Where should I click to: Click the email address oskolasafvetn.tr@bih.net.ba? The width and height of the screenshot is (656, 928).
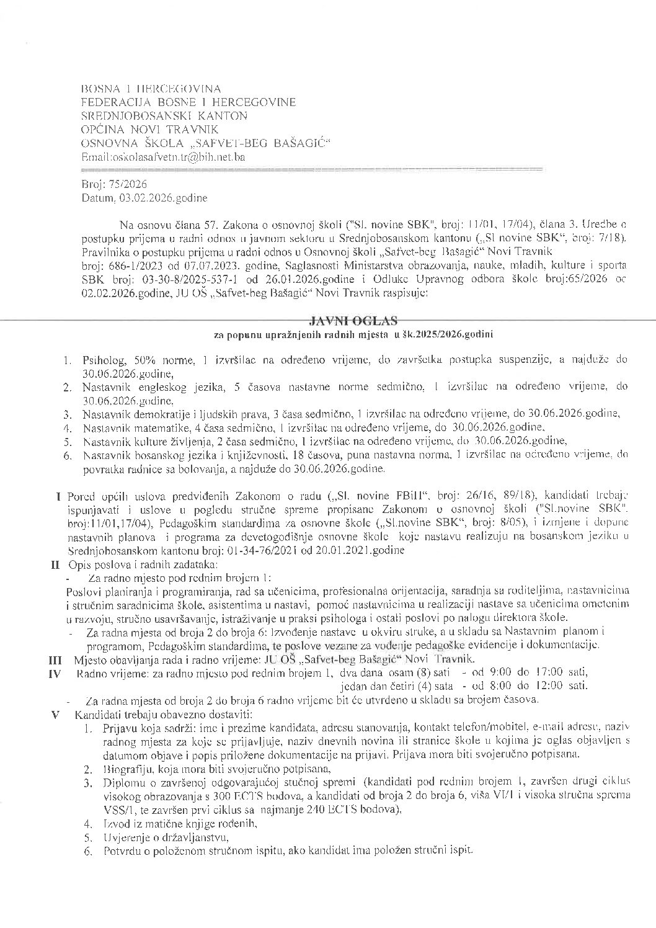(163, 157)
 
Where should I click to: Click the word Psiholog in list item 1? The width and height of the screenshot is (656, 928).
(101, 360)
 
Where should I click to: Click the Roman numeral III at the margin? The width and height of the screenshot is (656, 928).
(54, 659)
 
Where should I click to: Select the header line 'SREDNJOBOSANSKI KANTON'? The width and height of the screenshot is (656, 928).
(164, 116)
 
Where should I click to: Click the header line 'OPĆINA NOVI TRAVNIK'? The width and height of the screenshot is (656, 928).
(150, 130)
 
